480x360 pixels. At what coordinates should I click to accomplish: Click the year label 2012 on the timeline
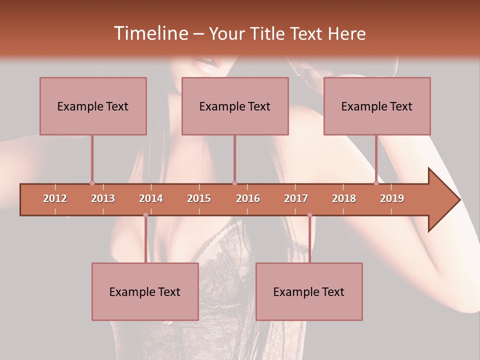pos(55,198)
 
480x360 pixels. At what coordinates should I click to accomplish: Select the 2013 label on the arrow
pos(103,198)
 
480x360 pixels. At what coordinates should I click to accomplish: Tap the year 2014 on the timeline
pos(151,198)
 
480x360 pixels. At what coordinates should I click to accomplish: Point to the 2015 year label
pos(199,198)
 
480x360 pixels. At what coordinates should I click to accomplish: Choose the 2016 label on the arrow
pos(248,198)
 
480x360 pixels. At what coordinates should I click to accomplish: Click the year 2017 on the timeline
pos(296,198)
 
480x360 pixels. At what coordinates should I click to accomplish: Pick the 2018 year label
pos(344,198)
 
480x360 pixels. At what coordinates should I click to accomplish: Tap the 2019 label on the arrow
pos(392,198)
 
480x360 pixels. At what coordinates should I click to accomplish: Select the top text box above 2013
pos(93,106)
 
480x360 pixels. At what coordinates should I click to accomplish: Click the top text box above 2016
pos(235,106)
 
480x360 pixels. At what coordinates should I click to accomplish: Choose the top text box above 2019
pos(377,106)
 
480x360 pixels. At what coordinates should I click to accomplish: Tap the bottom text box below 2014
pos(145,291)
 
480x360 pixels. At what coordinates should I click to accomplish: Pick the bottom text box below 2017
pos(309,291)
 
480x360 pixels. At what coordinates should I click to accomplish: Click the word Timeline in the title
pos(149,33)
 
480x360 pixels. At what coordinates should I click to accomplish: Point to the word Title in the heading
pos(269,34)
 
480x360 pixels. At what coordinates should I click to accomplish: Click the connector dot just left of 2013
pos(92,183)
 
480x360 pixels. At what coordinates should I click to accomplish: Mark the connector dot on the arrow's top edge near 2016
pos(235,183)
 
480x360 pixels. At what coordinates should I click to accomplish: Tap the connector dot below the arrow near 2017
pos(309,215)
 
